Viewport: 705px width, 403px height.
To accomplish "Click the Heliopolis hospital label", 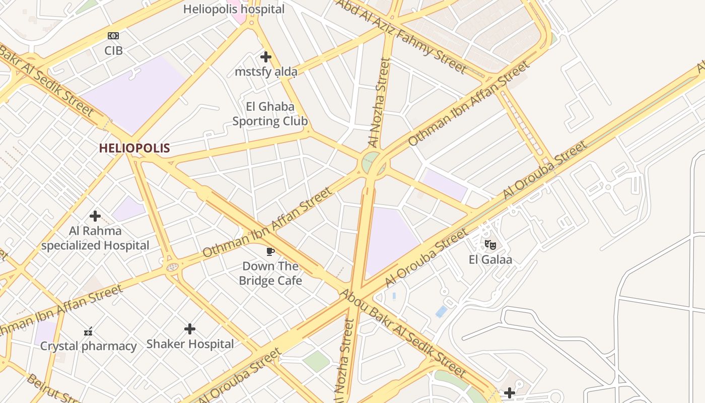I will point(234,9).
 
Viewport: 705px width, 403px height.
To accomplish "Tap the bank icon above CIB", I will point(113,36).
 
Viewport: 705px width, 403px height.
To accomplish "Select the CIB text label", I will point(113,50).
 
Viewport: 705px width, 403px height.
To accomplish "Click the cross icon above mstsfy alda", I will point(266,57).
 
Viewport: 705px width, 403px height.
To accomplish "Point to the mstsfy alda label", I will point(266,72).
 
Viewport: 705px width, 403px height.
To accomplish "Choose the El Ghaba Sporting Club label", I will point(270,114).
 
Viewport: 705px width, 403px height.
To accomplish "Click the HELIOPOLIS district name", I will point(134,148).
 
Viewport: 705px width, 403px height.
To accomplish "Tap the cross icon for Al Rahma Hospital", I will point(95,216).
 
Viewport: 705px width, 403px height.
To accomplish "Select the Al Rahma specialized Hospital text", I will point(95,238).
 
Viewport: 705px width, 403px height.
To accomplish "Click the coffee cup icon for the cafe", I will point(270,251).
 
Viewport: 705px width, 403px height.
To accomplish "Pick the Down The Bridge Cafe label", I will point(270,274).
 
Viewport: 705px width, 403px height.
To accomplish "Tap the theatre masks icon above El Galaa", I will point(490,245).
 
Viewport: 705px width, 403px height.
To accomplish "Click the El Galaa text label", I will point(490,260).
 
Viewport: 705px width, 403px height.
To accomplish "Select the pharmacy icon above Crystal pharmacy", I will point(88,331).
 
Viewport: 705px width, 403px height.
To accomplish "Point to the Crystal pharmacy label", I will point(88,346).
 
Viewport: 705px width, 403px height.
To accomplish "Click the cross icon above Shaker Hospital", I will point(190,329).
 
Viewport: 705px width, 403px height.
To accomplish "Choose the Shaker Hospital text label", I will point(190,344).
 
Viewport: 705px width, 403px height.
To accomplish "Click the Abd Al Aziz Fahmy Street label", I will point(401,36).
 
